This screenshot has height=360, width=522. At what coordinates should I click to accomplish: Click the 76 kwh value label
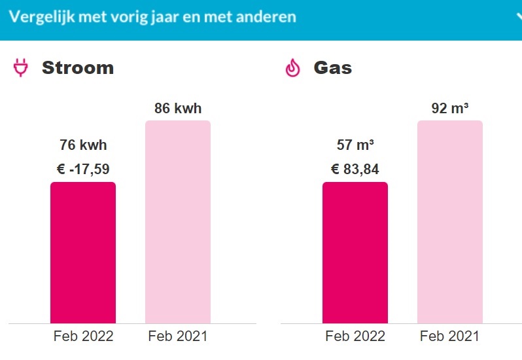[x=83, y=145]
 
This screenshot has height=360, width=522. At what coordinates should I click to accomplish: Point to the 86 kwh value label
[x=177, y=109]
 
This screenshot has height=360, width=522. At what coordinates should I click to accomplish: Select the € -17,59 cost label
[x=83, y=170]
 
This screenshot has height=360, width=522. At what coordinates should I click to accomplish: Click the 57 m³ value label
[x=355, y=145]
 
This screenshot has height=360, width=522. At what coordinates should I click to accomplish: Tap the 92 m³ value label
[x=449, y=109]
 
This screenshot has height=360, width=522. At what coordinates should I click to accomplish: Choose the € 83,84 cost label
[x=355, y=170]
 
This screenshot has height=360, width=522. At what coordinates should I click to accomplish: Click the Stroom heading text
[x=78, y=67]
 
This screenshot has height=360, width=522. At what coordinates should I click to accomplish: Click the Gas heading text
[x=332, y=67]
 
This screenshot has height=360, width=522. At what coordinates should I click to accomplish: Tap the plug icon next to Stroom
[x=21, y=68]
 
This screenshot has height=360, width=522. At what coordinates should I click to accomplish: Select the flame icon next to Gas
[x=292, y=68]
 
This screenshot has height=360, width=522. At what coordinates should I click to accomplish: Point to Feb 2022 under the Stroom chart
[x=83, y=336]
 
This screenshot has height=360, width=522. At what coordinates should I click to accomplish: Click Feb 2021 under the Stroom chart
[x=177, y=336]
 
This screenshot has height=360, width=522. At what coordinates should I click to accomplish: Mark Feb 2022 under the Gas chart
[x=355, y=336]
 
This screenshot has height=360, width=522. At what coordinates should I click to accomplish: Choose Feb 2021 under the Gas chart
[x=449, y=336]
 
